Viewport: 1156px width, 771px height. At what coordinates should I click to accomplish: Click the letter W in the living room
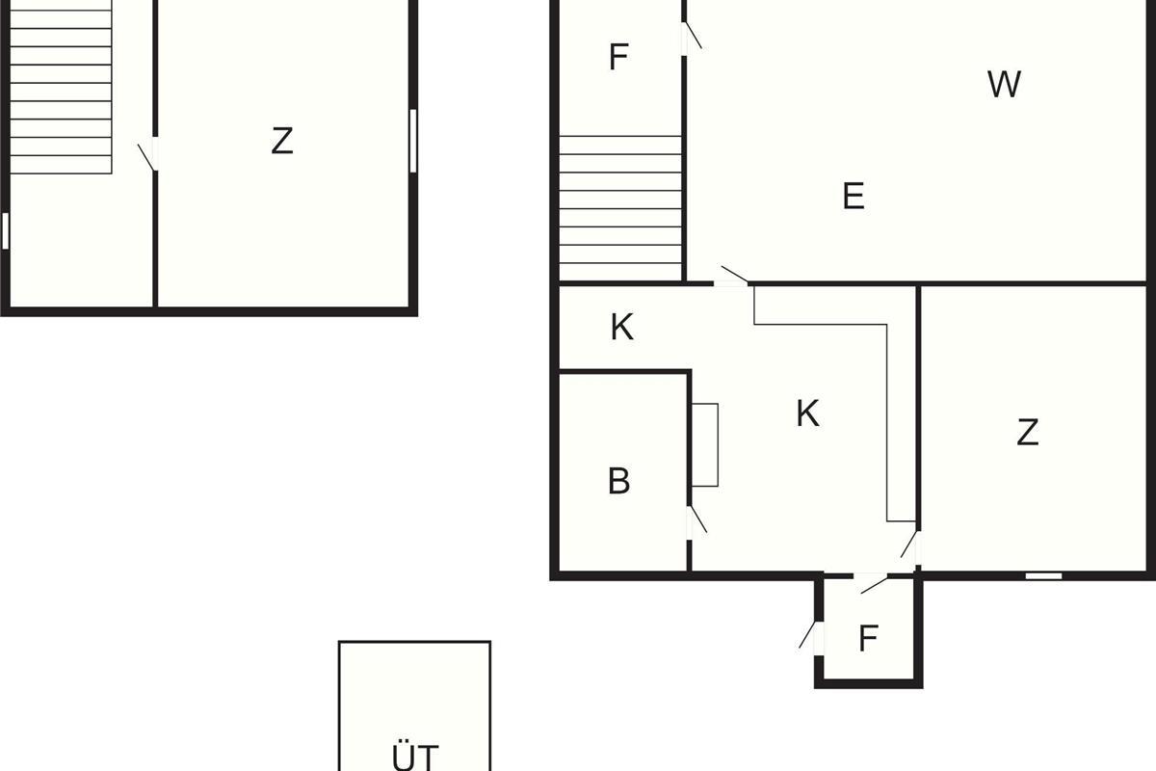tap(1004, 84)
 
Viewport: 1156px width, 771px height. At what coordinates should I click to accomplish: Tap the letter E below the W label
tap(854, 196)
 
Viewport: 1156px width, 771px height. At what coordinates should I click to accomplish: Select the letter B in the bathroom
tap(619, 480)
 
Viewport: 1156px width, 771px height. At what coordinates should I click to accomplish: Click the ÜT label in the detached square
tap(415, 756)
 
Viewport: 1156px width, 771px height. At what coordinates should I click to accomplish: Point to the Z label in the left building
tap(282, 141)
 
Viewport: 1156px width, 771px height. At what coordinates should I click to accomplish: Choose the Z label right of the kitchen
tap(1028, 432)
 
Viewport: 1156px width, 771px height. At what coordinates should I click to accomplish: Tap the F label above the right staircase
tap(618, 57)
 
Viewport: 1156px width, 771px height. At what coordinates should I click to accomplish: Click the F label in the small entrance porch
tap(869, 638)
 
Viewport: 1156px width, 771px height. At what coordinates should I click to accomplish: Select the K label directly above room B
tap(622, 327)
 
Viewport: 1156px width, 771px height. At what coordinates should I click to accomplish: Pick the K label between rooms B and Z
tap(807, 413)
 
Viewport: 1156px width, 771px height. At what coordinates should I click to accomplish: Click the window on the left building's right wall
tap(413, 141)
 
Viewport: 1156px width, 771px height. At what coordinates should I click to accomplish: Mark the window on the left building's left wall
tap(5, 231)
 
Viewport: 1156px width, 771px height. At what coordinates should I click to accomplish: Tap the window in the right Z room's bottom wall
tap(1043, 575)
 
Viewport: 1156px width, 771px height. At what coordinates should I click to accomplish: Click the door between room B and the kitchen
tap(696, 522)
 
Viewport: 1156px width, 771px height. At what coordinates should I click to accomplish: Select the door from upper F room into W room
tap(691, 38)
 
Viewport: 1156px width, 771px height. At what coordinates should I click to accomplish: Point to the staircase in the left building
tap(61, 87)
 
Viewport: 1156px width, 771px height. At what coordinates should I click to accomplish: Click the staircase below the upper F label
tap(620, 208)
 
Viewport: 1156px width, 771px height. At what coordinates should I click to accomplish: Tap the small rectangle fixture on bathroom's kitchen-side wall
tap(705, 444)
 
